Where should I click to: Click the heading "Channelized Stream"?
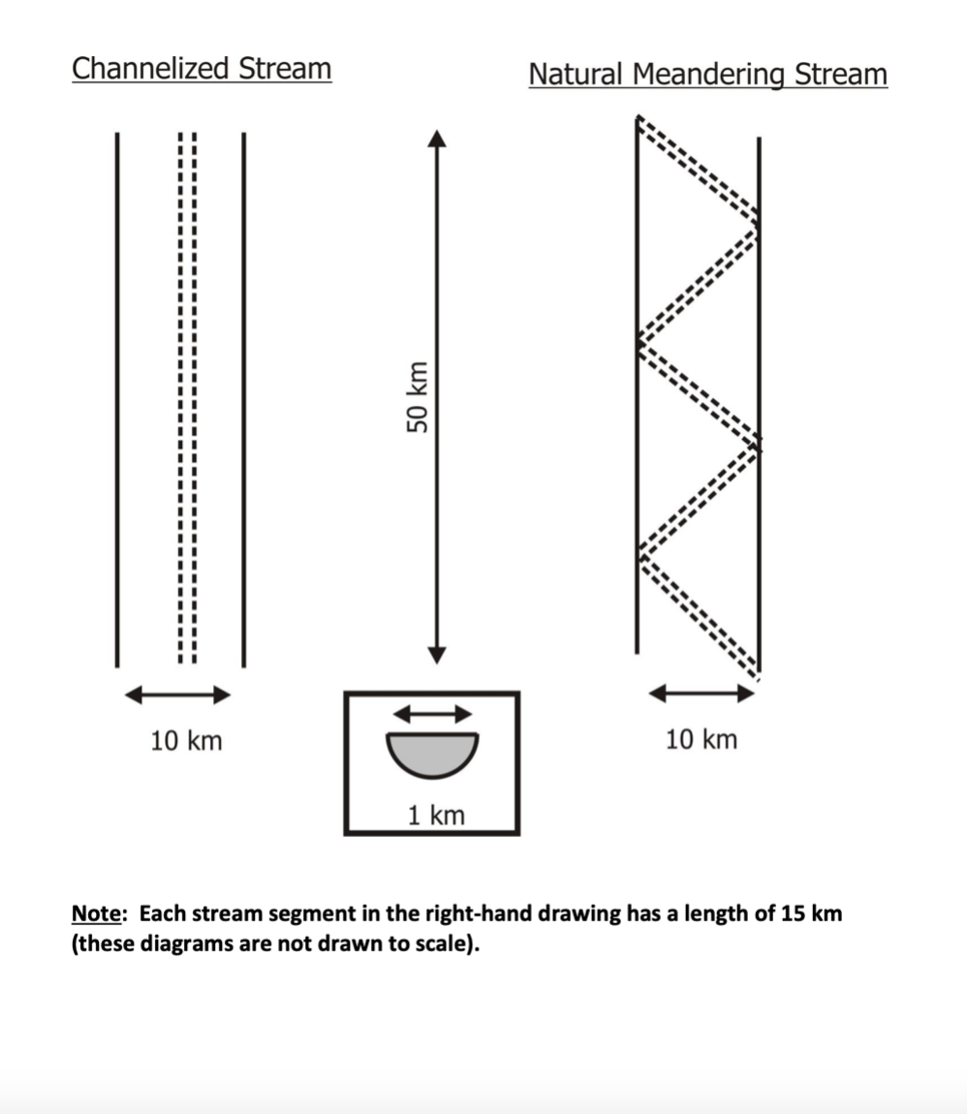point(202,69)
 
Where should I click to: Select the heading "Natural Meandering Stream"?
point(707,75)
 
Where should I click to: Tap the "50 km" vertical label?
point(417,397)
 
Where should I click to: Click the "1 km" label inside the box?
point(435,816)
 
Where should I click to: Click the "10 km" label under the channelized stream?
point(186,741)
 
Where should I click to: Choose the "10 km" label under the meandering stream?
point(701,740)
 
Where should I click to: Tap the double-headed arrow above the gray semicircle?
point(431,713)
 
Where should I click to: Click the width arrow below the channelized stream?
point(179,694)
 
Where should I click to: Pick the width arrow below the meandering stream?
point(701,693)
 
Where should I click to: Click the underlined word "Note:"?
point(101,913)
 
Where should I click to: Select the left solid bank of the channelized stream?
point(117,397)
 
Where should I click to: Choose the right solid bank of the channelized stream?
point(243,397)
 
